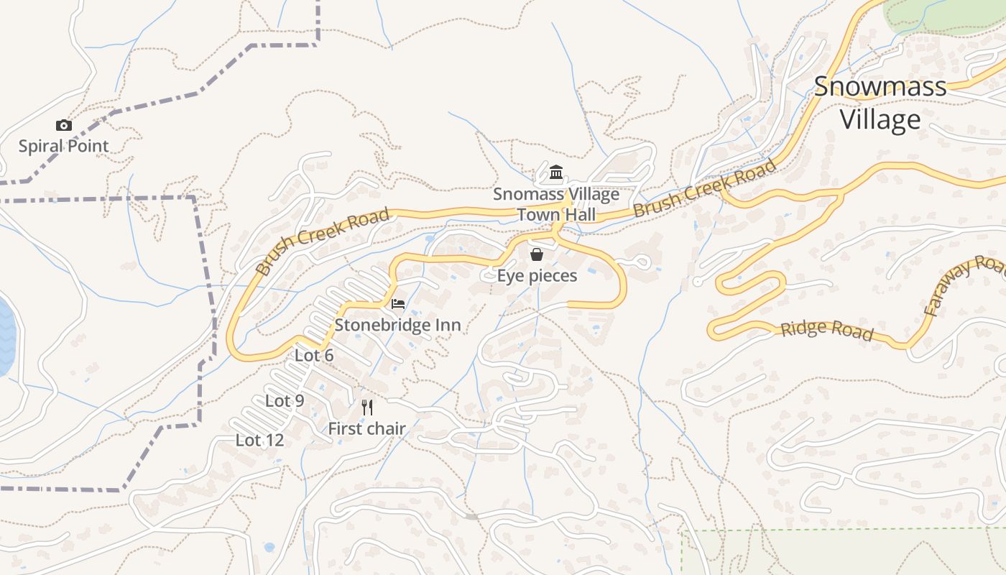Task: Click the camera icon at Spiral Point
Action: click(64, 126)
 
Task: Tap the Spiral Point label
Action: click(63, 146)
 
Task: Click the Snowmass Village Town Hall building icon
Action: click(555, 172)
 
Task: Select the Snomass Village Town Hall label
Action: click(555, 204)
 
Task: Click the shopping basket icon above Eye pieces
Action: click(537, 254)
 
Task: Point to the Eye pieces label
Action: click(537, 276)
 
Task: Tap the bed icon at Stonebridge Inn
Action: click(397, 304)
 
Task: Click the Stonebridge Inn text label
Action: click(397, 325)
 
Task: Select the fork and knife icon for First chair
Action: click(367, 408)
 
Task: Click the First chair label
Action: click(366, 429)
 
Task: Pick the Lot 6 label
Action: click(314, 355)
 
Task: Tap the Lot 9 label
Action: click(285, 401)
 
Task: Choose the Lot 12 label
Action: click(259, 440)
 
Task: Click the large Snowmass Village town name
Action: click(880, 103)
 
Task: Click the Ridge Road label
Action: click(826, 330)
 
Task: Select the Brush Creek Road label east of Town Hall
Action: click(704, 188)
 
